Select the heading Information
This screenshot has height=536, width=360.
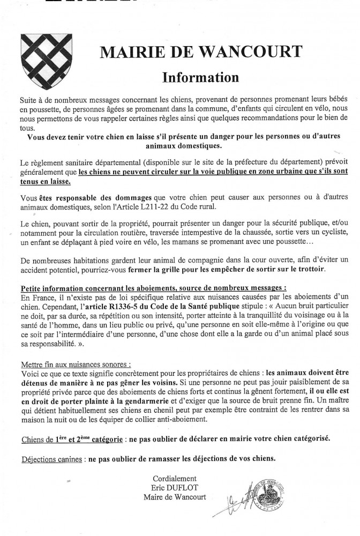pyautogui.click(x=200, y=77)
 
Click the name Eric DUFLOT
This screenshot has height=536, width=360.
pyautogui.click(x=174, y=488)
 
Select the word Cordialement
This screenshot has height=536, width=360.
pyautogui.click(x=174, y=479)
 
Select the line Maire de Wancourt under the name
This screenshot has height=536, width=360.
pyautogui.click(x=174, y=498)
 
